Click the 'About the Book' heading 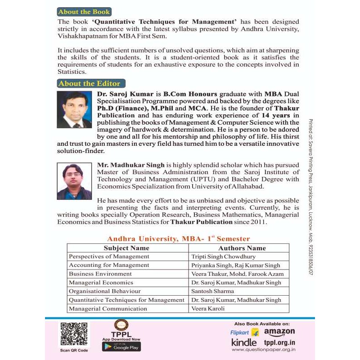point(84,12)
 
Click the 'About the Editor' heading point(90,83)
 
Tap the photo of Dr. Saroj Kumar point(74,109)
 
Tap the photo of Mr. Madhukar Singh point(74,181)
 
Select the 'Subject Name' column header point(126,248)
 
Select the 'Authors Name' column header point(242,248)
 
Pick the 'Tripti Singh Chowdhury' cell point(223,256)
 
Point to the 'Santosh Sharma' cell point(213,291)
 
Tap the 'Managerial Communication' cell point(108,308)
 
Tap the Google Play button point(121,346)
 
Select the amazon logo point(279,332)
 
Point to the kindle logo point(244,343)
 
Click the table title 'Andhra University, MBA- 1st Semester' point(178,238)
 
